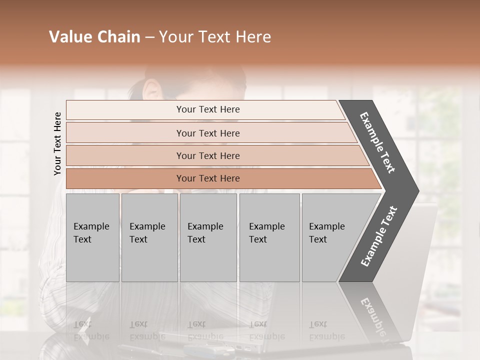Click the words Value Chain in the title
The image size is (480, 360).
(x=94, y=37)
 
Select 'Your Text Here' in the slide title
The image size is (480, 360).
(x=215, y=37)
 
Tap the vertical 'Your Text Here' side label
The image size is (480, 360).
(x=57, y=143)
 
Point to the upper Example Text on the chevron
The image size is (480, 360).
(x=377, y=142)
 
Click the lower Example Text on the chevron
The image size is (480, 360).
(x=379, y=236)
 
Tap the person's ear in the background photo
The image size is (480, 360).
(x=151, y=90)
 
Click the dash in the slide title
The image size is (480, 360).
(x=149, y=37)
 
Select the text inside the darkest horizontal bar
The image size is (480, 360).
(x=208, y=178)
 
